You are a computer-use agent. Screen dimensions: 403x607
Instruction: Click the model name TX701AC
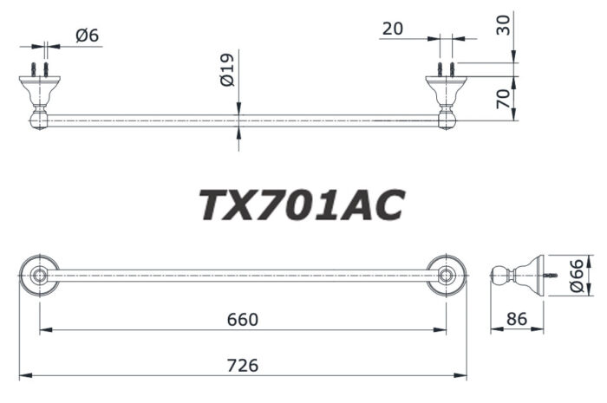click(302, 205)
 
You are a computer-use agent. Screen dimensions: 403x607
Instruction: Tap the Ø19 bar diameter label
click(226, 70)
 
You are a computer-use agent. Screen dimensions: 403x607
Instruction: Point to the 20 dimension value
click(392, 29)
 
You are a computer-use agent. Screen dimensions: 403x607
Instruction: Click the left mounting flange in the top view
click(38, 86)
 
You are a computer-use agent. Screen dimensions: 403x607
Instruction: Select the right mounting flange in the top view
click(447, 86)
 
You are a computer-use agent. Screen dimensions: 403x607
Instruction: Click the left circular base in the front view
click(39, 276)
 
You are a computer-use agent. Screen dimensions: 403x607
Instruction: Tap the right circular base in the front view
click(447, 276)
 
